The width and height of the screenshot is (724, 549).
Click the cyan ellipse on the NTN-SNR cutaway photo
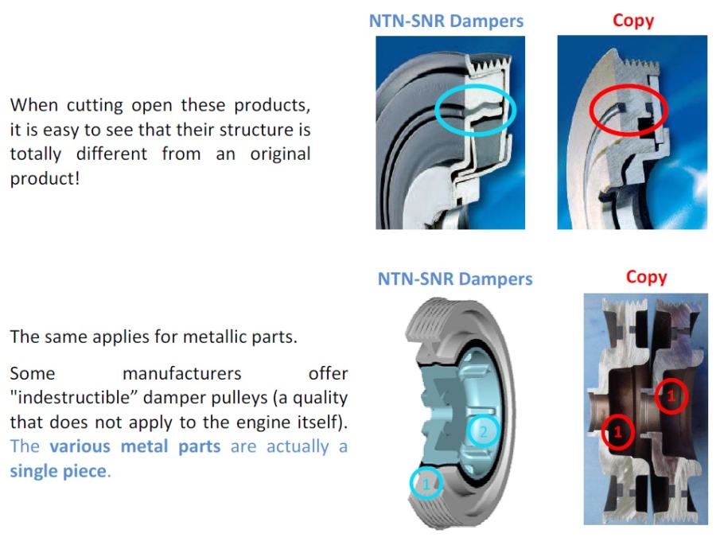click(476, 87)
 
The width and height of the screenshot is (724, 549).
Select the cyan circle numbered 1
click(426, 468)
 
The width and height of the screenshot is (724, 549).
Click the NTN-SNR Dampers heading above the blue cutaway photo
click(446, 21)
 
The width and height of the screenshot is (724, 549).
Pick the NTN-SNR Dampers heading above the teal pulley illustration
click(455, 279)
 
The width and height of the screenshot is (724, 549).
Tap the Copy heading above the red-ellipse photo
click(633, 21)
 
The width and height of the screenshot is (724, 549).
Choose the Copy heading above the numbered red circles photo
click(646, 277)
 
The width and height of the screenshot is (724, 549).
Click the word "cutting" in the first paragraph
click(95, 106)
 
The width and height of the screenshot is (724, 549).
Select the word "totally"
click(36, 154)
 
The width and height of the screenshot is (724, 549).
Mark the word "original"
click(280, 154)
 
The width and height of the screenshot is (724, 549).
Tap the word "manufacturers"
click(182, 373)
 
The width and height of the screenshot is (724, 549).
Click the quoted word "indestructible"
click(73, 398)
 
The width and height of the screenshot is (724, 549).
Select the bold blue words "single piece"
click(59, 471)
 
